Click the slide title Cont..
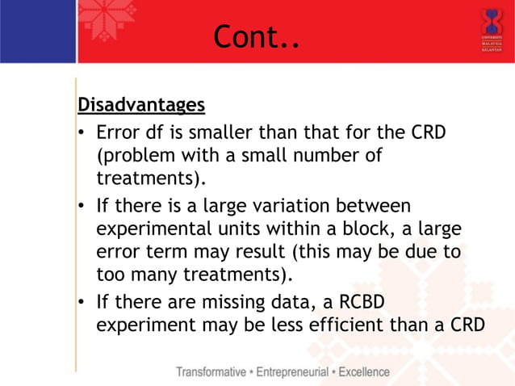point(256,36)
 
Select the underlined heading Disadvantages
point(140,106)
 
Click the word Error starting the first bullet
point(119,132)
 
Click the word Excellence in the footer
point(363,372)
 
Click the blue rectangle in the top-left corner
point(38,31)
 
